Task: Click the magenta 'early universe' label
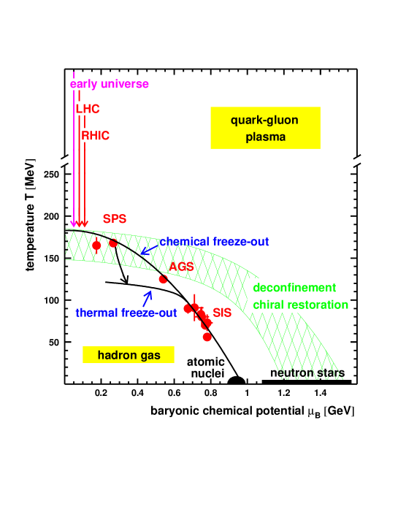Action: pyautogui.click(x=110, y=84)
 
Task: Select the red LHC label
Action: pyautogui.click(x=88, y=109)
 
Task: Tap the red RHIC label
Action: pyautogui.click(x=96, y=136)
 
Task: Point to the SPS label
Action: pyautogui.click(x=115, y=218)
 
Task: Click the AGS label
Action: pyautogui.click(x=181, y=267)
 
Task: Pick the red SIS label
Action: pyautogui.click(x=222, y=313)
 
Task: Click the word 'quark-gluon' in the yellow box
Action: pyautogui.click(x=264, y=121)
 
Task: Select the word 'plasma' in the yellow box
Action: pyautogui.click(x=264, y=137)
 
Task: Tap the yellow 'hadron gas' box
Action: pyautogui.click(x=129, y=356)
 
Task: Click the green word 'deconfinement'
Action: pyautogui.click(x=294, y=288)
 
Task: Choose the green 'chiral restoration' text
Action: pyautogui.click(x=300, y=305)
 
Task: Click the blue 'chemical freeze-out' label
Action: pyautogui.click(x=215, y=242)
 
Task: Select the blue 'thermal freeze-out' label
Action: pyautogui.click(x=126, y=313)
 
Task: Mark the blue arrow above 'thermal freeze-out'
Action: pyautogui.click(x=148, y=298)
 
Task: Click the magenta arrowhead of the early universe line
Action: pyautogui.click(x=74, y=224)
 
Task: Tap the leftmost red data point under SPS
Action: pyautogui.click(x=96, y=245)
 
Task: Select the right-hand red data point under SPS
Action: pyautogui.click(x=113, y=244)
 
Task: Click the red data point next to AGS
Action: pyautogui.click(x=163, y=279)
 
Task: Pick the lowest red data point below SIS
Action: pyautogui.click(x=207, y=337)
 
